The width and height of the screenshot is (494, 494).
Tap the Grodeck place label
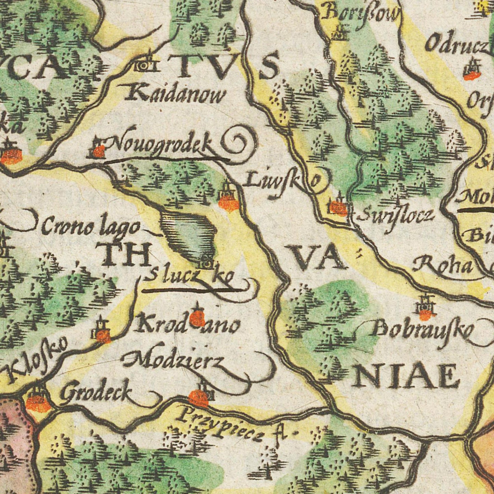click(96, 392)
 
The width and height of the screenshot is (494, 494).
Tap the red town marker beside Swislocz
click(338, 208)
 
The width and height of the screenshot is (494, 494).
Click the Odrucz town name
click(456, 44)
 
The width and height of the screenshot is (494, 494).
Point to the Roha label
click(443, 265)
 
